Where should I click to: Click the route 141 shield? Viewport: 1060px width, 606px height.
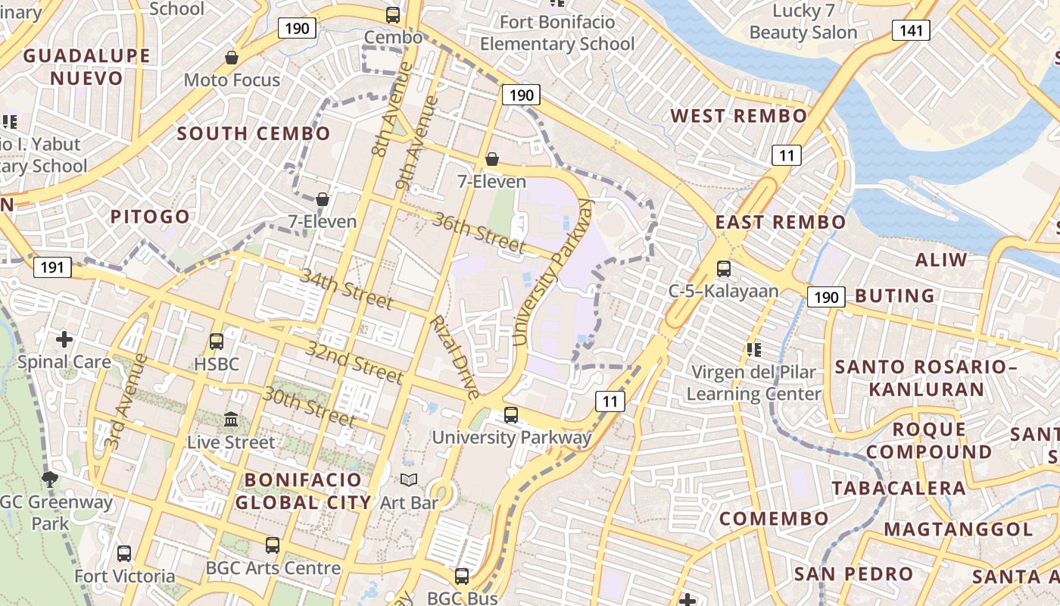coord(911,30)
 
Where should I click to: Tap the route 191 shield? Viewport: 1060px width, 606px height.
coord(52,267)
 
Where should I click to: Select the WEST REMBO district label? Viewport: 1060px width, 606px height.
coord(739,116)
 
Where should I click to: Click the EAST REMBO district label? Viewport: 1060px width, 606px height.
coord(781,222)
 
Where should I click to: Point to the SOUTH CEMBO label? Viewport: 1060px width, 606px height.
coord(254,134)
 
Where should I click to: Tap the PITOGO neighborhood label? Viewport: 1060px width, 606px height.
coord(150,217)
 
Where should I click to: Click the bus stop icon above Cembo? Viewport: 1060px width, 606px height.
coord(393,14)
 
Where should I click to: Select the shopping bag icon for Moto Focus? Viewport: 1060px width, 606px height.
coord(232,58)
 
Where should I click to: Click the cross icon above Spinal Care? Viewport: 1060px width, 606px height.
coord(64,339)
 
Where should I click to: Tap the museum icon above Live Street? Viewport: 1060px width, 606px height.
coord(231,419)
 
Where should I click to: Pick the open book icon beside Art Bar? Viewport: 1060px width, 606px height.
coord(409,479)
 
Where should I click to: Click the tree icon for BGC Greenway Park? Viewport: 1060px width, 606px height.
coord(50,478)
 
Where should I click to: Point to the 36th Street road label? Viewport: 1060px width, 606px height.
coord(479,233)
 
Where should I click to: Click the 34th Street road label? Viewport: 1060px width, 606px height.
coord(347,289)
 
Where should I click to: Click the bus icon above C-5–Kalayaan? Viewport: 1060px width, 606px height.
coord(723,268)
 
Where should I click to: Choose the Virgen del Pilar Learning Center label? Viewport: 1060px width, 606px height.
coord(753,383)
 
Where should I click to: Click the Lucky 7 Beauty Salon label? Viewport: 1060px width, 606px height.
coord(803,22)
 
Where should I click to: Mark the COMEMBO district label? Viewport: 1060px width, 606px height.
coord(774,519)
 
